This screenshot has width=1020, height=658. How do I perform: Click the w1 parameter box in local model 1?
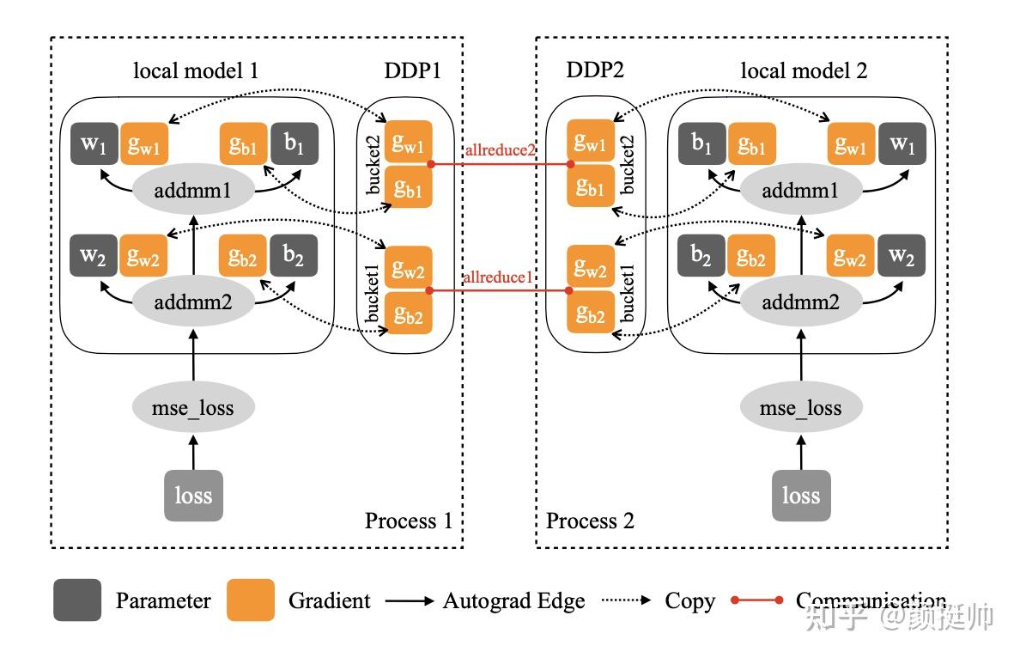point(94,144)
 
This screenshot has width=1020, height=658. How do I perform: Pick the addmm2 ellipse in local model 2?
point(800,302)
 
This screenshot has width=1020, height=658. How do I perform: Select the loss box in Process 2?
point(800,496)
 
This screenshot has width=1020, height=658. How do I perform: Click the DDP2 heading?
point(595,71)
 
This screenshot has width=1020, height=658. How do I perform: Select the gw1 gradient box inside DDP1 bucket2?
point(408,143)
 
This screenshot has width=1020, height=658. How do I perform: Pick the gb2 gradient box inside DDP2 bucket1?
point(590,314)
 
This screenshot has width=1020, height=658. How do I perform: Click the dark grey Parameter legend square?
point(77,600)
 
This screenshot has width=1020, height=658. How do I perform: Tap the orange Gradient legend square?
point(251,600)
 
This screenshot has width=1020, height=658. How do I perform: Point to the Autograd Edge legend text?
point(513,601)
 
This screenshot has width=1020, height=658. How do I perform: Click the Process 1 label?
point(408,521)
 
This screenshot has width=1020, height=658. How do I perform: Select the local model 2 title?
point(804,71)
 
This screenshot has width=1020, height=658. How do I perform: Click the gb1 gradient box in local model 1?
point(244,144)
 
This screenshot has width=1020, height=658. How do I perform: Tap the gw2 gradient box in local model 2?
point(851,257)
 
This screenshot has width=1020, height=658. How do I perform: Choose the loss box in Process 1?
point(193,496)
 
